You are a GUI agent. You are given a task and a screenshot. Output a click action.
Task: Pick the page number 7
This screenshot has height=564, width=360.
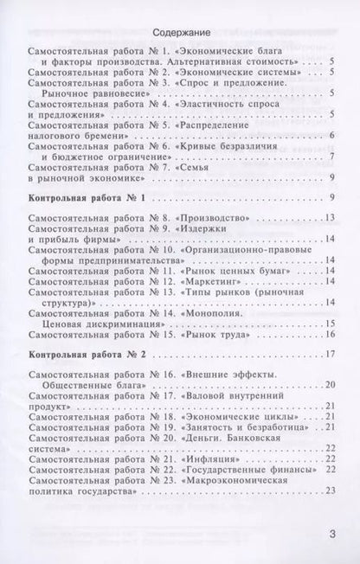[x=332, y=156]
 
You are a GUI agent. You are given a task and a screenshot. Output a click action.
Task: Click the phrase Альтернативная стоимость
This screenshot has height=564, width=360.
[x=237, y=62]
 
